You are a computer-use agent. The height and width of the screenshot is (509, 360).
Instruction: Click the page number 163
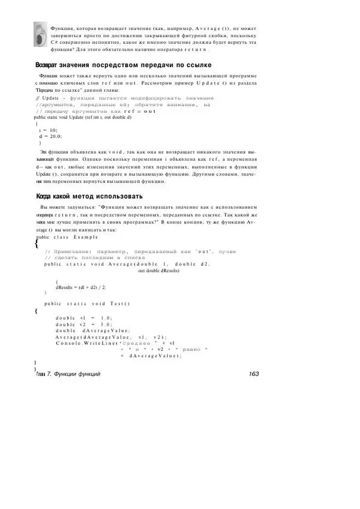tap(253, 374)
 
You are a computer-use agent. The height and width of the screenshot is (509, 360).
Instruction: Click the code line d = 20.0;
tap(50, 136)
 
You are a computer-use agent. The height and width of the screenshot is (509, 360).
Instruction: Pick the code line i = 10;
tap(47, 130)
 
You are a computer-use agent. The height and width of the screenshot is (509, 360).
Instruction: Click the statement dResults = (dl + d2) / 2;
tap(81, 287)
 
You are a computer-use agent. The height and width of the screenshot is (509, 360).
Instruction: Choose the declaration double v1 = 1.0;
tap(83, 317)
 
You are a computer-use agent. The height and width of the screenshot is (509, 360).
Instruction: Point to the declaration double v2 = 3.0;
tap(83, 324)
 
